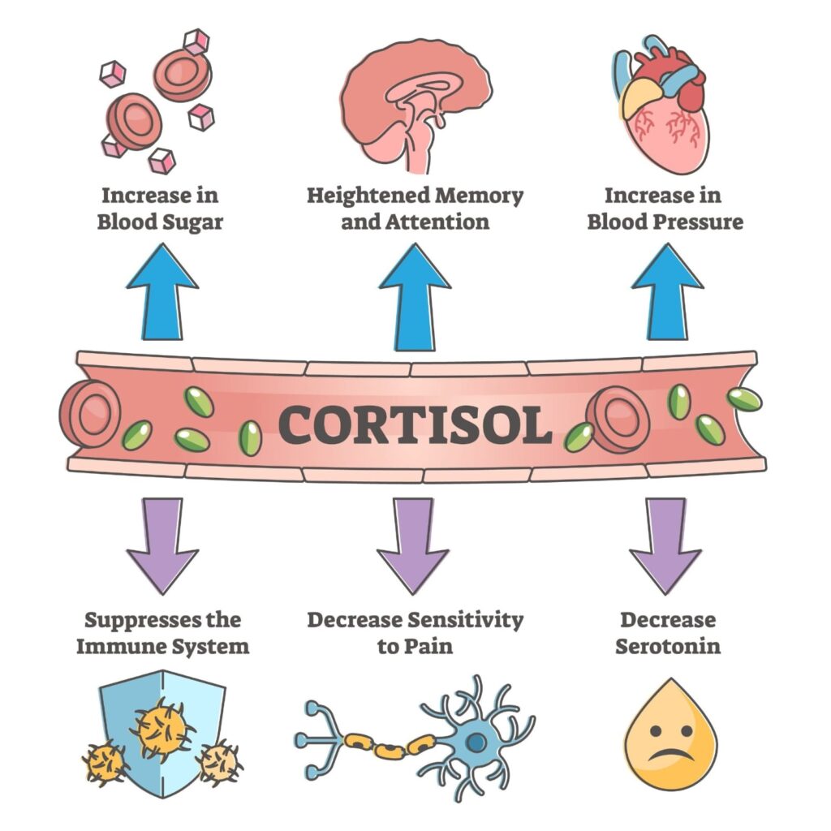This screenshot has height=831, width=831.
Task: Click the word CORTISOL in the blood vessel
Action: (x=415, y=423)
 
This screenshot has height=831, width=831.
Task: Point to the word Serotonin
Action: (x=668, y=647)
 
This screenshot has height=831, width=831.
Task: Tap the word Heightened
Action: (x=368, y=196)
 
